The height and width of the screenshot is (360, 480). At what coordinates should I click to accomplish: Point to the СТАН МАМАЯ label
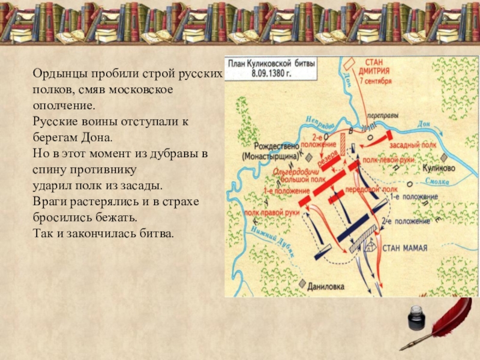point(403,247)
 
